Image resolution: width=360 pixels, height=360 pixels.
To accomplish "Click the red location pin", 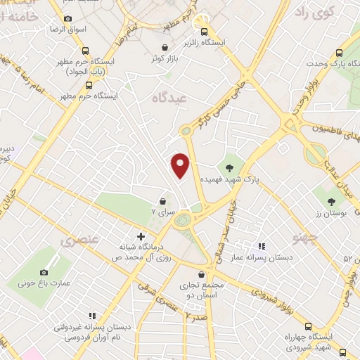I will pos(181,165).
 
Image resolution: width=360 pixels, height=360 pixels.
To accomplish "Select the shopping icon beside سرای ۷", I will pos(162,200).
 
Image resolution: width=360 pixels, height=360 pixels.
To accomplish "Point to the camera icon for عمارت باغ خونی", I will pos(44,272).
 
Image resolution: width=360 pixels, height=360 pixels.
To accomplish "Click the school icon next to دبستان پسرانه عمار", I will pos(262,246).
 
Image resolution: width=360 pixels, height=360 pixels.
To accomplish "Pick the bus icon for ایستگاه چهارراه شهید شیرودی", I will pos(308,326).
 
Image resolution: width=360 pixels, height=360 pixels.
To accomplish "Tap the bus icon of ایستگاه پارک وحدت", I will pos(340,52).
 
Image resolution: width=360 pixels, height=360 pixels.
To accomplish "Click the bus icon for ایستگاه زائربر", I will pos(205,32).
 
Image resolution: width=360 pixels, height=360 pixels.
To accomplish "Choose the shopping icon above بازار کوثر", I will pos(165,47).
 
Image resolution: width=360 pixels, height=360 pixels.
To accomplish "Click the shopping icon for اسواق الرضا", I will pos(67,19).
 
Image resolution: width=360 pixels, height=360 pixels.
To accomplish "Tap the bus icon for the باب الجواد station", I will pos(85,51).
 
